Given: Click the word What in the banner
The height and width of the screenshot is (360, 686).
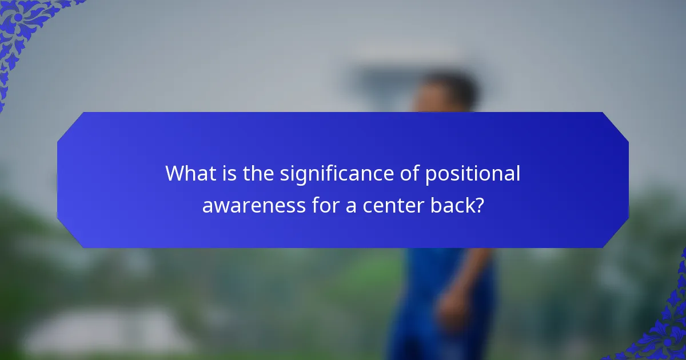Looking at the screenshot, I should [x=191, y=174].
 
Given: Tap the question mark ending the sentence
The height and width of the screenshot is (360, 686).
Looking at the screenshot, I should [x=479, y=205].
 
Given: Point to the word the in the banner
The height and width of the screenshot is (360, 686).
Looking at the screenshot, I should [x=259, y=174].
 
